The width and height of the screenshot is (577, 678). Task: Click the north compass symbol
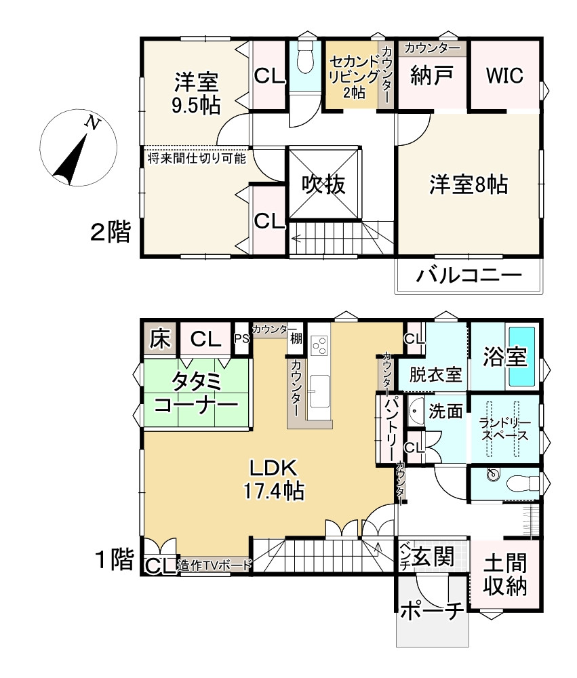tap(78, 147)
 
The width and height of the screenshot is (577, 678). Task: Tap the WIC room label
tap(504, 75)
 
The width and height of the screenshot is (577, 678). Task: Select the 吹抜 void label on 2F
tap(323, 184)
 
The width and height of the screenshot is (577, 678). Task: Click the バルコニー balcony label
tap(469, 275)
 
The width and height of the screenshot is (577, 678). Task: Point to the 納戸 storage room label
tap(431, 75)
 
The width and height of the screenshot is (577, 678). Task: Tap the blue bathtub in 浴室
tap(521, 357)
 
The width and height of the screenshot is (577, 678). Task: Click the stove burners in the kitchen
tap(320, 344)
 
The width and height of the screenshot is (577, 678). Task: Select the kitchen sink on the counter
tap(319, 391)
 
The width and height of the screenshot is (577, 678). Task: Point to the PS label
tap(242, 338)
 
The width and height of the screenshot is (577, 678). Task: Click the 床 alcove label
tap(160, 339)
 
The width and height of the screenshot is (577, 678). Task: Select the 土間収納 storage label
tap(505, 575)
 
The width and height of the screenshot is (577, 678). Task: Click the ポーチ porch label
tap(432, 612)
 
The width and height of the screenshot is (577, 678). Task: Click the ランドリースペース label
tap(504, 428)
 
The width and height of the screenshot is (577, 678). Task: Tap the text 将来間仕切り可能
tap(197, 158)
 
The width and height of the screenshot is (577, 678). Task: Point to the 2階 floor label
tap(111, 231)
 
